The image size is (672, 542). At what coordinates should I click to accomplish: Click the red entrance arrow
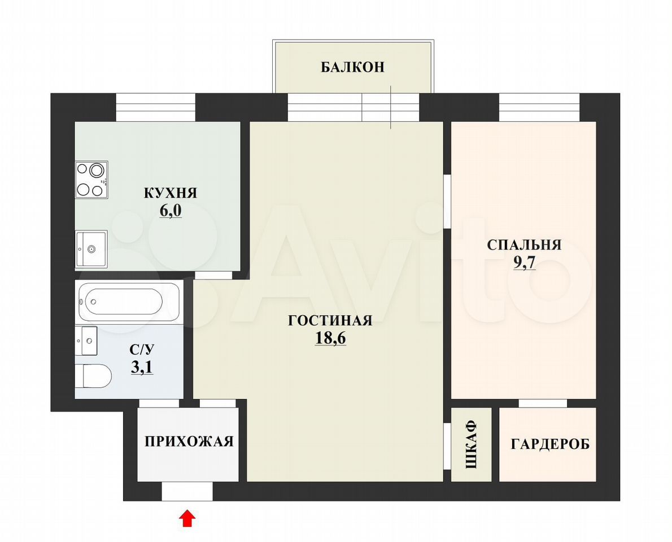[x=187, y=518]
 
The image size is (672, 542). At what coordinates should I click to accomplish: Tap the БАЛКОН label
[x=353, y=67]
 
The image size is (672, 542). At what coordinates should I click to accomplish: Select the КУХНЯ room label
[x=170, y=193]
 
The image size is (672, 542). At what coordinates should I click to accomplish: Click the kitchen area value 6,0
[x=171, y=211]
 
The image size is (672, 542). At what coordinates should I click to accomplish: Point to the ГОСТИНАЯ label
[x=330, y=321]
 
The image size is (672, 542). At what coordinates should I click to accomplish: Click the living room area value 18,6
[x=330, y=339]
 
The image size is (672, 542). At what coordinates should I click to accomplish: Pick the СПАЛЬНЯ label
[x=524, y=244]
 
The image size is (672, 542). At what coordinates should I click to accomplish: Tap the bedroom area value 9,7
[x=525, y=263]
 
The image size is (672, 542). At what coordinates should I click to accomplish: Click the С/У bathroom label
[x=141, y=349]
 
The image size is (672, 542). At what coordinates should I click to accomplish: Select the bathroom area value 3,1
[x=142, y=368]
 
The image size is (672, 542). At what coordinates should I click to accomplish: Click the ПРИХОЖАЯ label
[x=189, y=442]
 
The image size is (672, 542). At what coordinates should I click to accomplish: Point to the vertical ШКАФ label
[x=471, y=444]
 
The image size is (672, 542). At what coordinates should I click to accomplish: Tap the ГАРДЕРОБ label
[x=550, y=444]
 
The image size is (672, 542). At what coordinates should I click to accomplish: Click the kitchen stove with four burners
[x=91, y=180]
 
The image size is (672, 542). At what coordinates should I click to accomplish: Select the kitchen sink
[x=91, y=249]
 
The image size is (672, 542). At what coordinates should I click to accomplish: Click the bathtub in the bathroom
[x=129, y=301]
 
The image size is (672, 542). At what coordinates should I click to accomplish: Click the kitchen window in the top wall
[x=156, y=107]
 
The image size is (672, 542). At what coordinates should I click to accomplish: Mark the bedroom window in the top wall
[x=539, y=107]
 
